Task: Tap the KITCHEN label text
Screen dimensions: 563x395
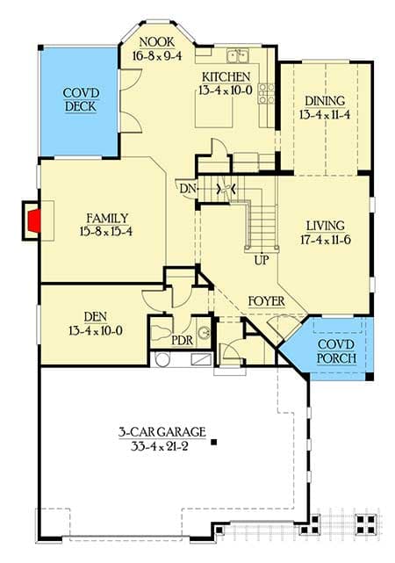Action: [227, 77]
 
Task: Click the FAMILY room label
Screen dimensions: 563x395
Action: [107, 218]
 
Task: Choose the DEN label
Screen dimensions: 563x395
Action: [96, 317]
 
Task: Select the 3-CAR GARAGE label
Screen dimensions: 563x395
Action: [162, 432]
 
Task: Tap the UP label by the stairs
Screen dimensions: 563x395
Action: [261, 261]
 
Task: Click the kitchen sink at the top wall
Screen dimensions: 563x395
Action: [236, 56]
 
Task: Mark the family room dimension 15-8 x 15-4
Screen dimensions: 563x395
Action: [107, 232]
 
